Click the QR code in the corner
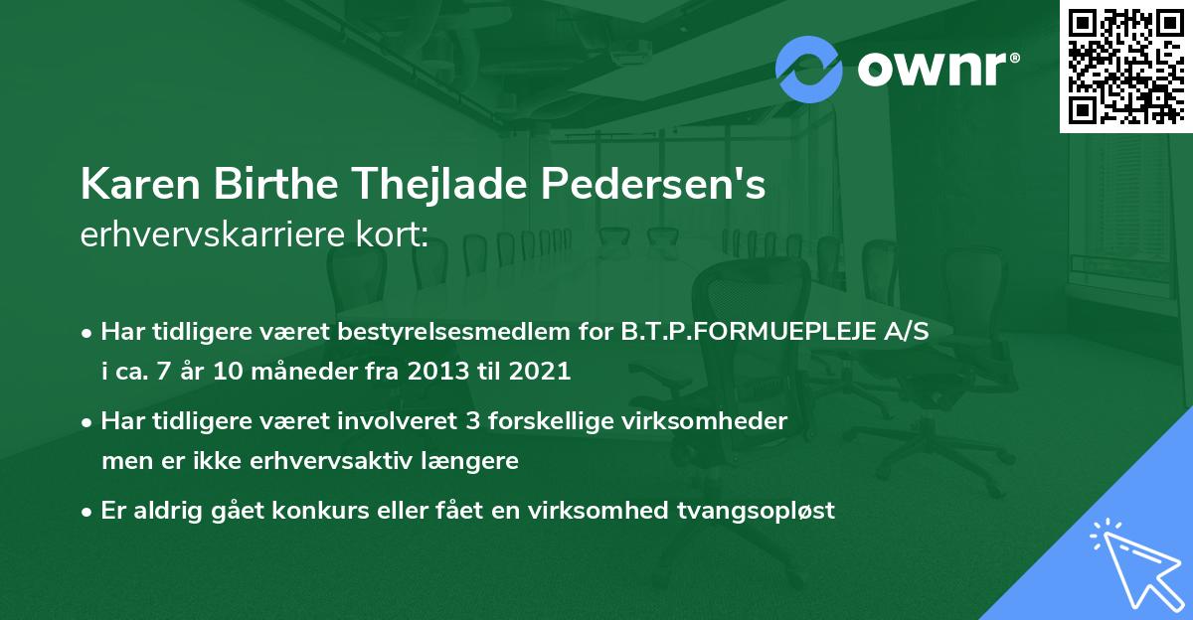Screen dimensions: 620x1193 pyautogui.click(x=1125, y=66)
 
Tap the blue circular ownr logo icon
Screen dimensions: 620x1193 pyautogui.click(x=807, y=70)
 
